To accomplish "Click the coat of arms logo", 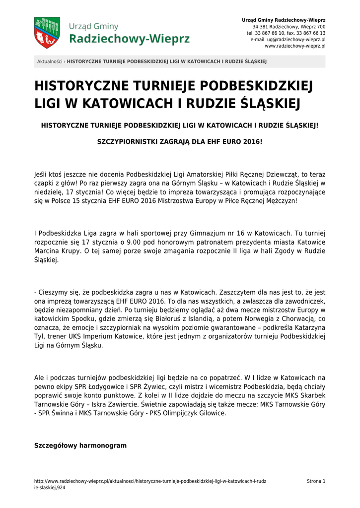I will (47, 33).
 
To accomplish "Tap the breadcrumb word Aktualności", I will (50, 62).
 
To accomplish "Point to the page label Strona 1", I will (316, 481).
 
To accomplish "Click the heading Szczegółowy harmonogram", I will (80, 445).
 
